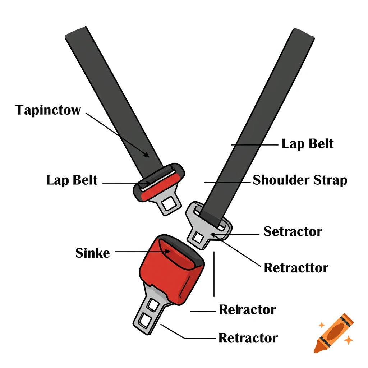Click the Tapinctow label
pyautogui.click(x=48, y=110)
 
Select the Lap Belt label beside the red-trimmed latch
pyautogui.click(x=72, y=180)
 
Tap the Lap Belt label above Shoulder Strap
pyautogui.click(x=308, y=144)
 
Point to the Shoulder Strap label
pyautogui.click(x=300, y=180)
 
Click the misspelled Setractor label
pyautogui.click(x=293, y=231)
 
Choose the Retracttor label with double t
pyautogui.click(x=296, y=268)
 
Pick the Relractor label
pyautogui.click(x=248, y=309)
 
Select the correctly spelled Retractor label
pyautogui.click(x=248, y=338)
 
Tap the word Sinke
pyautogui.click(x=92, y=253)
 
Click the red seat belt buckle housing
pyautogui.click(x=169, y=270)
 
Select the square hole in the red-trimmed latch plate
pyautogui.click(x=168, y=204)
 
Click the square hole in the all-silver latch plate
pyautogui.click(x=198, y=237)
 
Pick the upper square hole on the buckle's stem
pyautogui.click(x=153, y=305)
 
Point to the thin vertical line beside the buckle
pyautogui.click(x=214, y=273)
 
